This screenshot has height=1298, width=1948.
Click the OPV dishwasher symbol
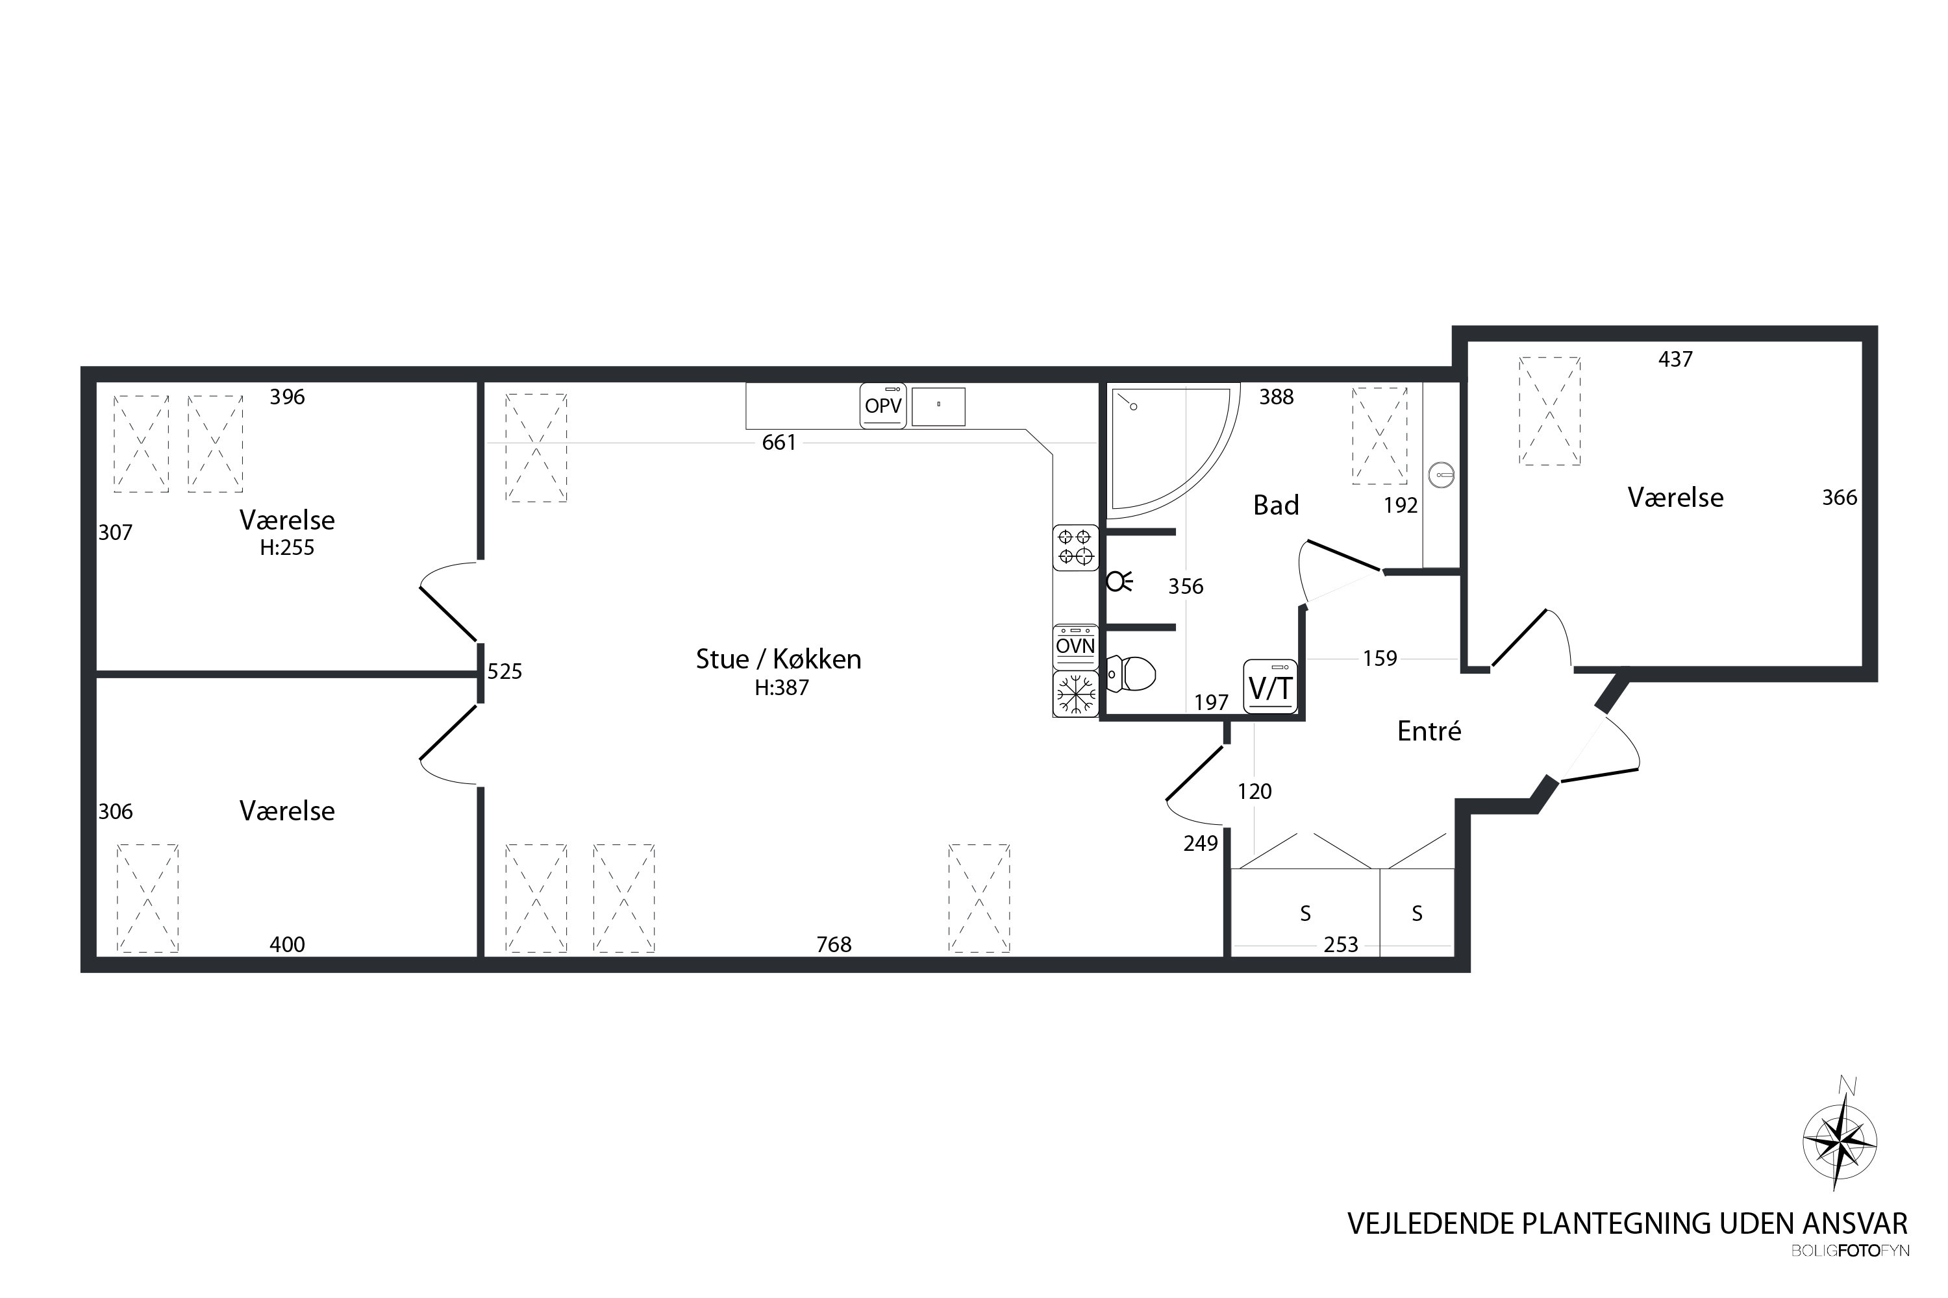(883, 405)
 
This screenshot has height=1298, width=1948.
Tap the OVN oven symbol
(1075, 646)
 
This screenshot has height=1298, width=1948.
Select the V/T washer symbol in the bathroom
(1271, 686)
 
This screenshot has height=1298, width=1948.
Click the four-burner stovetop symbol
(1075, 548)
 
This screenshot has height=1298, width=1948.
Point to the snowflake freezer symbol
(1075, 693)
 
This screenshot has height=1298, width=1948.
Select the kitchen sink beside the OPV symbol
(938, 406)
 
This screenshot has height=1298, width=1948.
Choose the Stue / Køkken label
(779, 659)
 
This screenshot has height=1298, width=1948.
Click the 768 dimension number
(834, 944)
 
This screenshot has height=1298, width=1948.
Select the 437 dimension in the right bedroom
(1675, 360)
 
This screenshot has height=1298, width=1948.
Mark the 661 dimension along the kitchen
(779, 443)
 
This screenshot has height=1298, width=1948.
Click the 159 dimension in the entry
(1380, 659)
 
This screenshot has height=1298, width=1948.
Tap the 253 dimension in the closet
(1341, 944)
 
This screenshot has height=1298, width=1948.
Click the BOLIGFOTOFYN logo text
(1850, 1251)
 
